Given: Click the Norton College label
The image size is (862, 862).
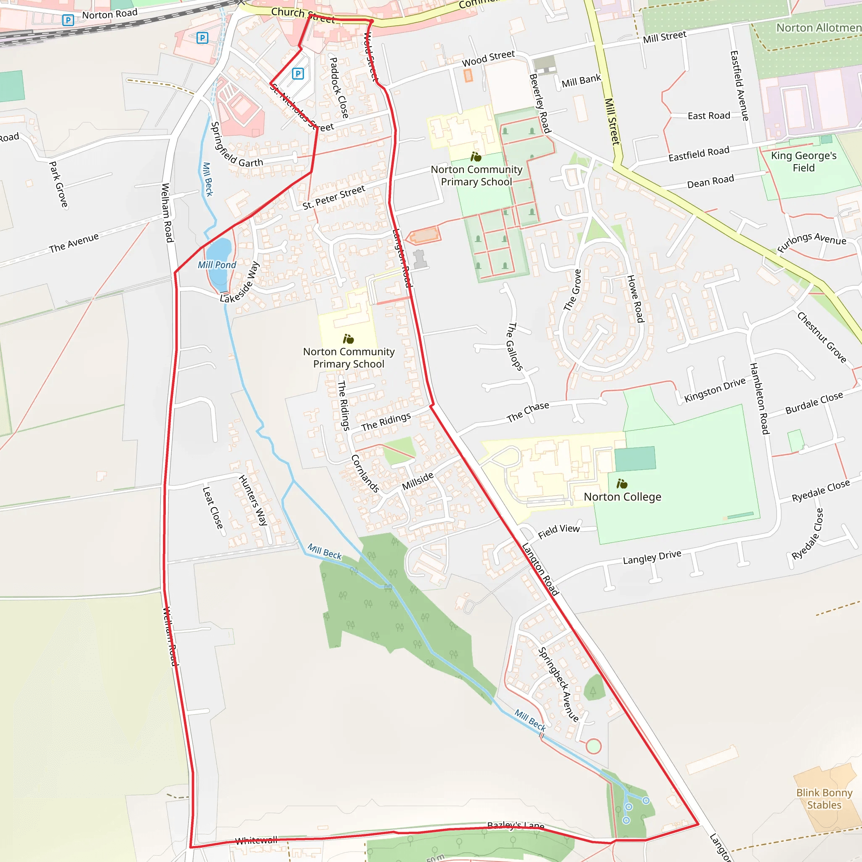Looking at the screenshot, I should pyautogui.click(x=623, y=497).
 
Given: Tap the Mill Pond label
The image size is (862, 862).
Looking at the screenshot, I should pyautogui.click(x=217, y=265).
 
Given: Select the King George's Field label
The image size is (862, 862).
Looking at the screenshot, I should pyautogui.click(x=803, y=162).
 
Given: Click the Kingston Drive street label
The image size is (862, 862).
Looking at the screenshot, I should pyautogui.click(x=715, y=389).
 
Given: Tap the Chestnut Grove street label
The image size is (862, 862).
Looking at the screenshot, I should pyautogui.click(x=822, y=337).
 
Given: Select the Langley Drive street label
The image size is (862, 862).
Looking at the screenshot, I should pyautogui.click(x=652, y=557).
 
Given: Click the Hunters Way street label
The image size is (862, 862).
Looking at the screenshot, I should pyautogui.click(x=253, y=500).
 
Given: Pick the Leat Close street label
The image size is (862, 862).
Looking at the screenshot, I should pyautogui.click(x=213, y=508).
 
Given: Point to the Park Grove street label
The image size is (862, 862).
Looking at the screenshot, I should pyautogui.click(x=59, y=184).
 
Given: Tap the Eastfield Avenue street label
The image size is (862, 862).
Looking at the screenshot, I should pyautogui.click(x=739, y=86).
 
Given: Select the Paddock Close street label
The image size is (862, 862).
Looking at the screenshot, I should pyautogui.click(x=339, y=88).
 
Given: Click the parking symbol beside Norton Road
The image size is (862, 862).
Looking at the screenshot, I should pyautogui.click(x=68, y=20).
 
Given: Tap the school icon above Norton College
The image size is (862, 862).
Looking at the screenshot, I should pyautogui.click(x=622, y=484).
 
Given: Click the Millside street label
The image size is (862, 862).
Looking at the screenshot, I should pyautogui.click(x=418, y=481).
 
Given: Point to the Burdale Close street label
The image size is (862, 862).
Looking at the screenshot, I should pyautogui.click(x=814, y=402).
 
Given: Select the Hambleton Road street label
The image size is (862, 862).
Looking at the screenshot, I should pyautogui.click(x=759, y=399).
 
